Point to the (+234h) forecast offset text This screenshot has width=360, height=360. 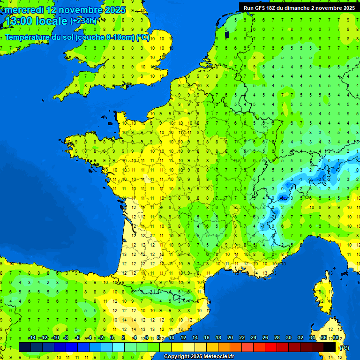tap(83, 21)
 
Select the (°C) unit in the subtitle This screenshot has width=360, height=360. tap(143, 37)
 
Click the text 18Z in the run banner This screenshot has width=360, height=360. tap(270, 7)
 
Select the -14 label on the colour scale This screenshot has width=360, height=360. tap(32, 338)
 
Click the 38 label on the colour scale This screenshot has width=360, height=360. tap(335, 338)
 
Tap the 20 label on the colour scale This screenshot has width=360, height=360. tap(230, 338)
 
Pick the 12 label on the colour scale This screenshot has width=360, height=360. tap(183, 338)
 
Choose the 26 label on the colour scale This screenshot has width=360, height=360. tap(265, 338)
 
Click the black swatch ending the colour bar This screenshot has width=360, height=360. tap(330, 347)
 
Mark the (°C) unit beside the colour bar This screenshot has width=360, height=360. tap(344, 348)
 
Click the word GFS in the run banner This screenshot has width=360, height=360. tap(259, 7)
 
